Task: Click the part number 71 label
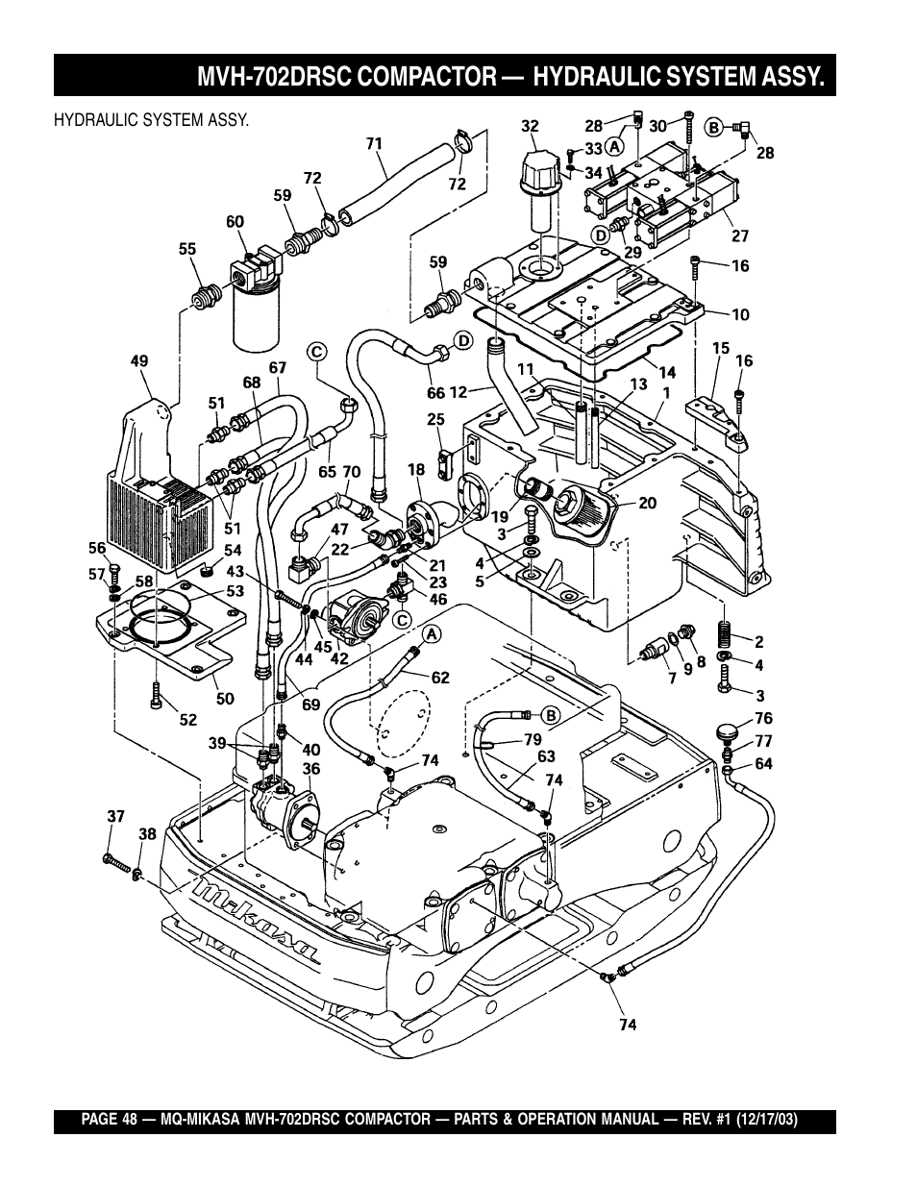(374, 143)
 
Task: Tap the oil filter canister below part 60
(257, 318)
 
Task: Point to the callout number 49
(139, 360)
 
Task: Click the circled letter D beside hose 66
(463, 341)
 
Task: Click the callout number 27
(740, 236)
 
